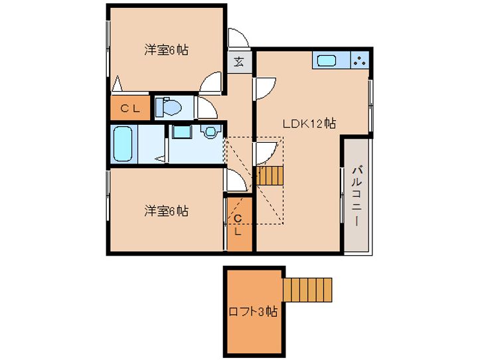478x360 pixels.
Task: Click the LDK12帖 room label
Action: (x=309, y=124)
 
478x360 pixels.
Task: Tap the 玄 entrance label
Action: (x=239, y=62)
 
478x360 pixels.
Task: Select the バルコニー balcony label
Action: (x=357, y=195)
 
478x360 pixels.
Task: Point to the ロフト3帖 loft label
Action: (x=253, y=312)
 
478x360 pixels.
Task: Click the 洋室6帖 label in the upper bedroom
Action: (x=166, y=50)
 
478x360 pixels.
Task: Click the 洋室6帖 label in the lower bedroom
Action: (x=166, y=211)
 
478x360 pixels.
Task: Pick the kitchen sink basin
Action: (x=327, y=60)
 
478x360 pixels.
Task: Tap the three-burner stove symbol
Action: (x=360, y=60)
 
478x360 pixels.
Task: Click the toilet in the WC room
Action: (x=168, y=108)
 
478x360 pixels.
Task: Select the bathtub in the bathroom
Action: (x=123, y=144)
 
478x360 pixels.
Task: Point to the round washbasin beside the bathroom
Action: (x=210, y=132)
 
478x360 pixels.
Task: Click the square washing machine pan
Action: (x=182, y=132)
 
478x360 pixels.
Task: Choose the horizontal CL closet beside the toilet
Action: (x=130, y=108)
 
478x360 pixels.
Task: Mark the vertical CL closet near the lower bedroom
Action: (x=240, y=225)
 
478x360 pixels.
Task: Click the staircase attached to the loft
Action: (x=307, y=290)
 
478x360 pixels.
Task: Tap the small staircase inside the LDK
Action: (x=270, y=176)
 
